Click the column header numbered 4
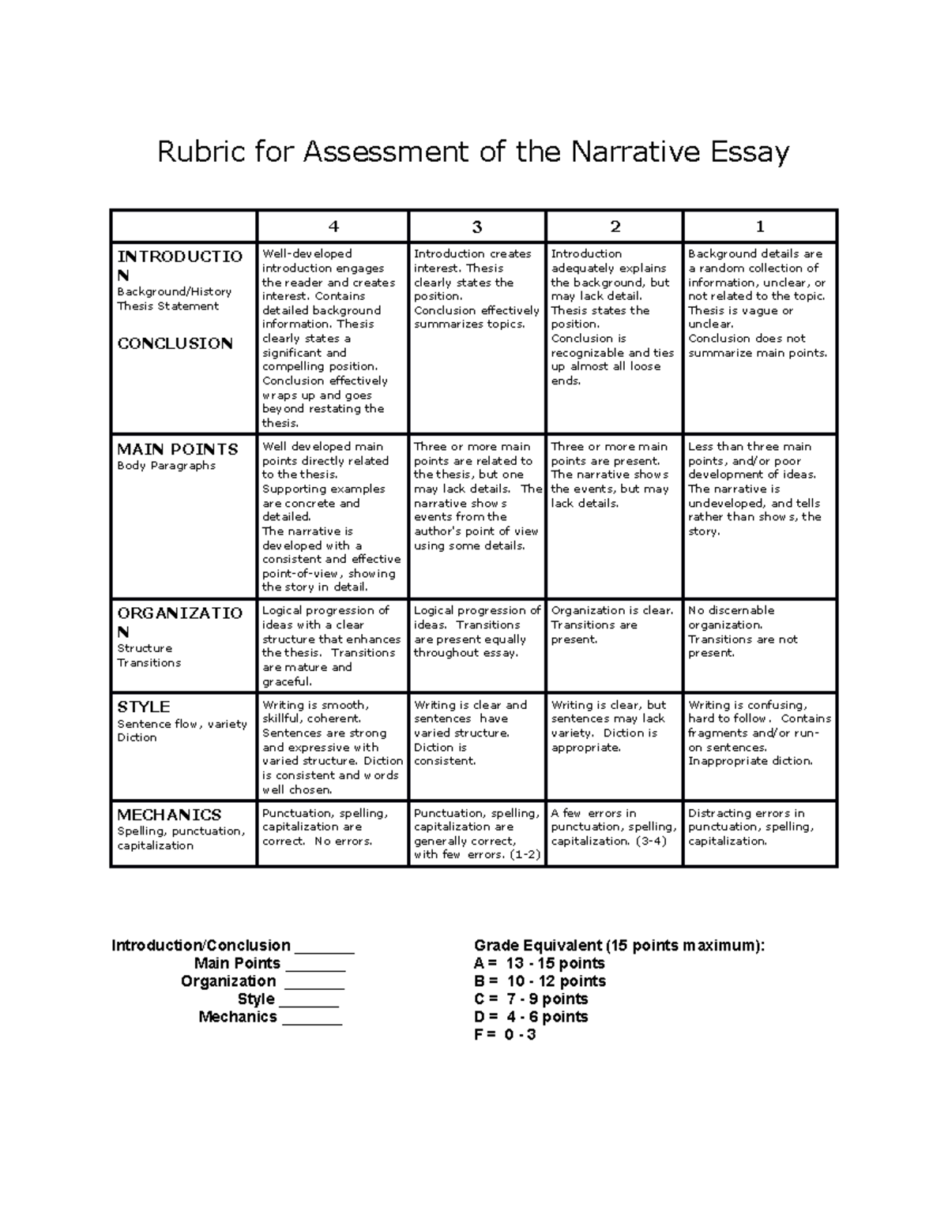pos(333,227)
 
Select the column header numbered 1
pos(760,227)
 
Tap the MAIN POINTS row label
pos(178,449)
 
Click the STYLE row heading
pos(144,707)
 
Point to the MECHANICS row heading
pos(169,815)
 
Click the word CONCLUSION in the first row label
pos(175,343)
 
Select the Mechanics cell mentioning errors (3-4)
pos(614,827)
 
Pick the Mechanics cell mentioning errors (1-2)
pos(477,834)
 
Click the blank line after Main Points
pos(315,964)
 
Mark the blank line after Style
pos(309,999)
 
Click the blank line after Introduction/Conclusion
pos(324,947)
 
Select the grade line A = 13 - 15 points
pos(540,964)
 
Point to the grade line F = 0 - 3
pos(505,1034)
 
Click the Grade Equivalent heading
pos(619,946)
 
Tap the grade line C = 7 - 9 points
pos(531,999)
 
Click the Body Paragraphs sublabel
pos(167,466)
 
